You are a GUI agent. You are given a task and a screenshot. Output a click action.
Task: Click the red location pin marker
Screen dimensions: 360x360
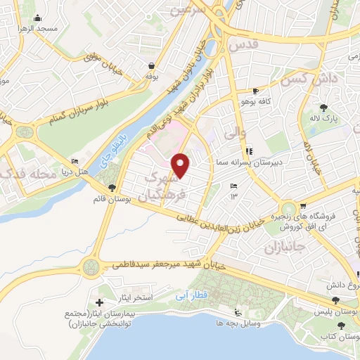pos(182,166)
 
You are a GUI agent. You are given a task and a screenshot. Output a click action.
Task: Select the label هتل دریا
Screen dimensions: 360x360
pos(72,170)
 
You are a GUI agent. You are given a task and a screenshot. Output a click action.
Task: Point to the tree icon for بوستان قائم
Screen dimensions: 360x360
pos(112,186)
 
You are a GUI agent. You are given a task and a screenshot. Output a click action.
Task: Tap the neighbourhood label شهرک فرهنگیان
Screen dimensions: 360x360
pos(162,188)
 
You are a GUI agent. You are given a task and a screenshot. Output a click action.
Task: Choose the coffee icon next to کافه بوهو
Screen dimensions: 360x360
pos(255,91)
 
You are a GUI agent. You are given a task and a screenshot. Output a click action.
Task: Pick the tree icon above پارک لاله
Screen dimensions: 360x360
pos(324,108)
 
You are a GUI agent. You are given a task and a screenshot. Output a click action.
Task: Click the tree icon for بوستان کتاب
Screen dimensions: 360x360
pos(341,326)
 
